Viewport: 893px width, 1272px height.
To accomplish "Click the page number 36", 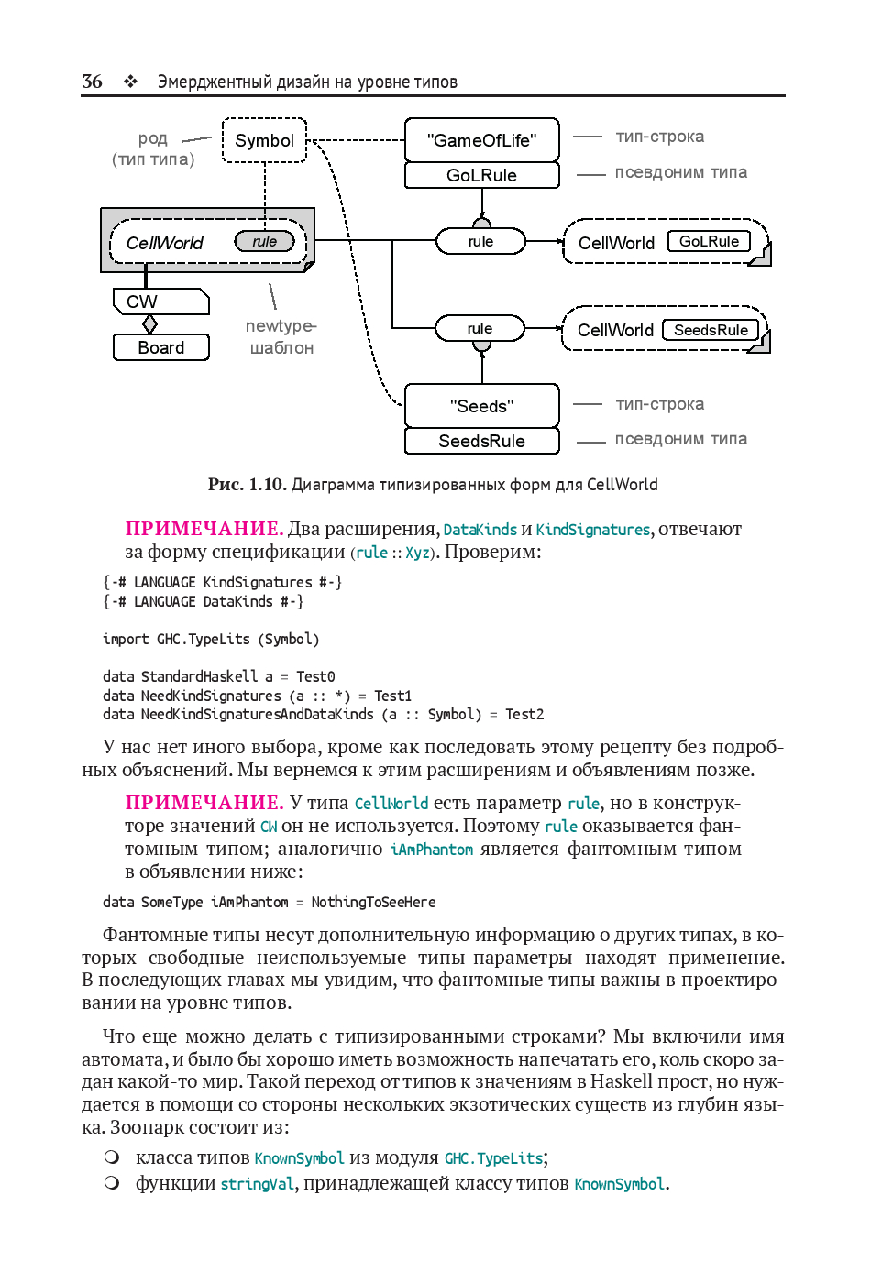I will (x=92, y=82).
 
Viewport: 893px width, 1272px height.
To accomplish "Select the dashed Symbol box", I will (x=264, y=140).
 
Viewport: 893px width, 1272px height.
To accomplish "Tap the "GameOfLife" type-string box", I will (x=481, y=140).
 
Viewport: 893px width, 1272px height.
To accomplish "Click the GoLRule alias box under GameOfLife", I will (x=481, y=175).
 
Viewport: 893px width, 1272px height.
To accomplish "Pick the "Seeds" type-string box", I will (x=481, y=406).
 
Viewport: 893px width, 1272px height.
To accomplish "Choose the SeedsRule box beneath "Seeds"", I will (x=481, y=441).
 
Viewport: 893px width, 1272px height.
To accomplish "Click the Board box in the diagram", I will (x=161, y=347).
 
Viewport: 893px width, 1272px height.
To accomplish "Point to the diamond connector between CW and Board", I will (x=150, y=324).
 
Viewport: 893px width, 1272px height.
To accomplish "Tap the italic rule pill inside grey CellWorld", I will (x=264, y=241).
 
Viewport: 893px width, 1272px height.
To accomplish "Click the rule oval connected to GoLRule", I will (x=480, y=241).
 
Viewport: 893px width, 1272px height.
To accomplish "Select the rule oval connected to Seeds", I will (x=480, y=328).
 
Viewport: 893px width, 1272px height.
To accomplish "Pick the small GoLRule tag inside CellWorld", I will (x=709, y=241).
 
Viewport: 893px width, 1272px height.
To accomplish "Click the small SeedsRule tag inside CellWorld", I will (x=711, y=330).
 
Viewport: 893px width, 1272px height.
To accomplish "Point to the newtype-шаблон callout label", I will (x=281, y=336).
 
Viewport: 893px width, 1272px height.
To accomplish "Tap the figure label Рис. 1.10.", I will (x=247, y=484).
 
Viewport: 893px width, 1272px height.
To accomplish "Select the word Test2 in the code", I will (x=524, y=714).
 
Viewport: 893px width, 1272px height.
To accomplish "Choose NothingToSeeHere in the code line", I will (x=373, y=902).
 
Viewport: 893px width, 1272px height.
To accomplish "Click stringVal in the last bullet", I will (x=257, y=1183).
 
